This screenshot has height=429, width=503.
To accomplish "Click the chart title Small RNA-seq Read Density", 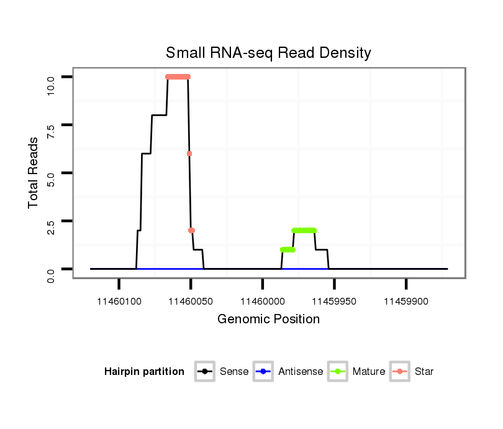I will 268,53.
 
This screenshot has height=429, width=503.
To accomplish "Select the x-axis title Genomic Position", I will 268,320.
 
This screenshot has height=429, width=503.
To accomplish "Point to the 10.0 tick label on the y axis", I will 52,77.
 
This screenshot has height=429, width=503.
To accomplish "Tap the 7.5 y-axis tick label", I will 52,125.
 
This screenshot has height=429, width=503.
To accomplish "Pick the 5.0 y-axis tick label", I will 52,173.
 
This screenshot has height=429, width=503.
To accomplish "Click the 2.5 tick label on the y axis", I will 52,221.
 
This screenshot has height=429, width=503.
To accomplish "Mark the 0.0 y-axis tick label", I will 52,269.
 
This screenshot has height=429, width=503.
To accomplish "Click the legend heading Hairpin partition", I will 144,372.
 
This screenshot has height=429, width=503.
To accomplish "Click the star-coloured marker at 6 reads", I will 189,154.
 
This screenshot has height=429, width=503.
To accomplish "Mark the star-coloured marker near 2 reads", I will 191,231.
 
